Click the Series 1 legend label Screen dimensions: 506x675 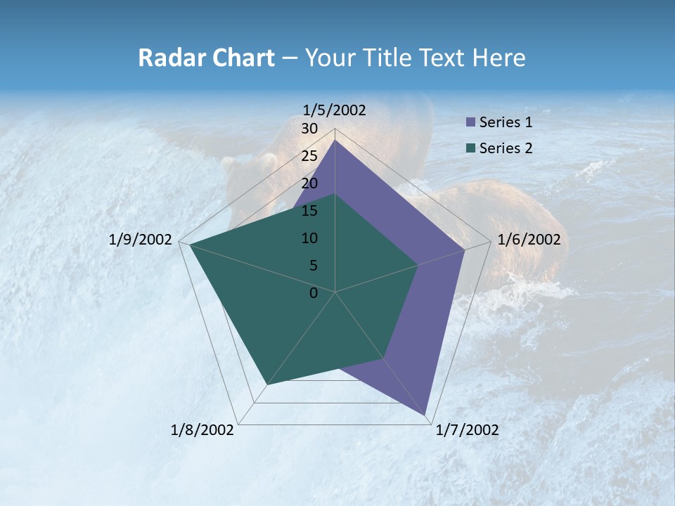point(506,122)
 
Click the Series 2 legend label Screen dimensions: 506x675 point(506,148)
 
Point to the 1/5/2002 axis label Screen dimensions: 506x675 point(335,110)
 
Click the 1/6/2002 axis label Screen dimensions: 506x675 point(529,240)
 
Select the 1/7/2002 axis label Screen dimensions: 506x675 point(467,430)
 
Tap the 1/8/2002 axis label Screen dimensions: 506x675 point(202,430)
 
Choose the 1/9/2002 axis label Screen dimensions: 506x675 point(141,240)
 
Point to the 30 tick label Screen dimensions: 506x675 point(309,129)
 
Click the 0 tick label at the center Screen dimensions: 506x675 point(314,293)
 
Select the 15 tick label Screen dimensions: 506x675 point(309,211)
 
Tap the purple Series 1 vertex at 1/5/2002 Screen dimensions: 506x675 point(335,140)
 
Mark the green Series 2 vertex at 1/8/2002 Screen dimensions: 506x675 point(267,384)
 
